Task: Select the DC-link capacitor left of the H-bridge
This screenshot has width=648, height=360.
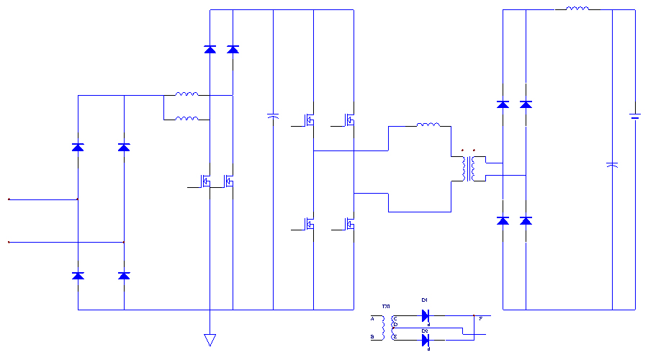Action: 274,115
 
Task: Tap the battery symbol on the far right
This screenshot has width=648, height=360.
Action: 635,116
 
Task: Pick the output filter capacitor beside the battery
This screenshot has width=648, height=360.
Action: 611,166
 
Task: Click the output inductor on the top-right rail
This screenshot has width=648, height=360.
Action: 577,9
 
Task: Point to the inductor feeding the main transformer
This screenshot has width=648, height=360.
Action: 428,125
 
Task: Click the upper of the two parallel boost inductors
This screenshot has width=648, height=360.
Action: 186,94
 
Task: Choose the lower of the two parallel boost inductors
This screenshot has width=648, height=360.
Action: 186,119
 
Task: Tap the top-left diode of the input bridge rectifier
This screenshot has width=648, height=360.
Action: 78,148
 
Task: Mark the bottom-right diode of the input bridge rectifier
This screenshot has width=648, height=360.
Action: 124,276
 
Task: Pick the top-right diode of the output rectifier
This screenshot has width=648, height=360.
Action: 526,104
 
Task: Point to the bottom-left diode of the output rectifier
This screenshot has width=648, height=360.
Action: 503,220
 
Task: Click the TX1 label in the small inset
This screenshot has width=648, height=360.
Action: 385,307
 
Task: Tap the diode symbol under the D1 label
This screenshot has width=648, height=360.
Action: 425,315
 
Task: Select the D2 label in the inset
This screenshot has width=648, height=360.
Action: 424,330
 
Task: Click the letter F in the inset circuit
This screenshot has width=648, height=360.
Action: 480,317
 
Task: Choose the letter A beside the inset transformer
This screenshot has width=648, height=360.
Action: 372,318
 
